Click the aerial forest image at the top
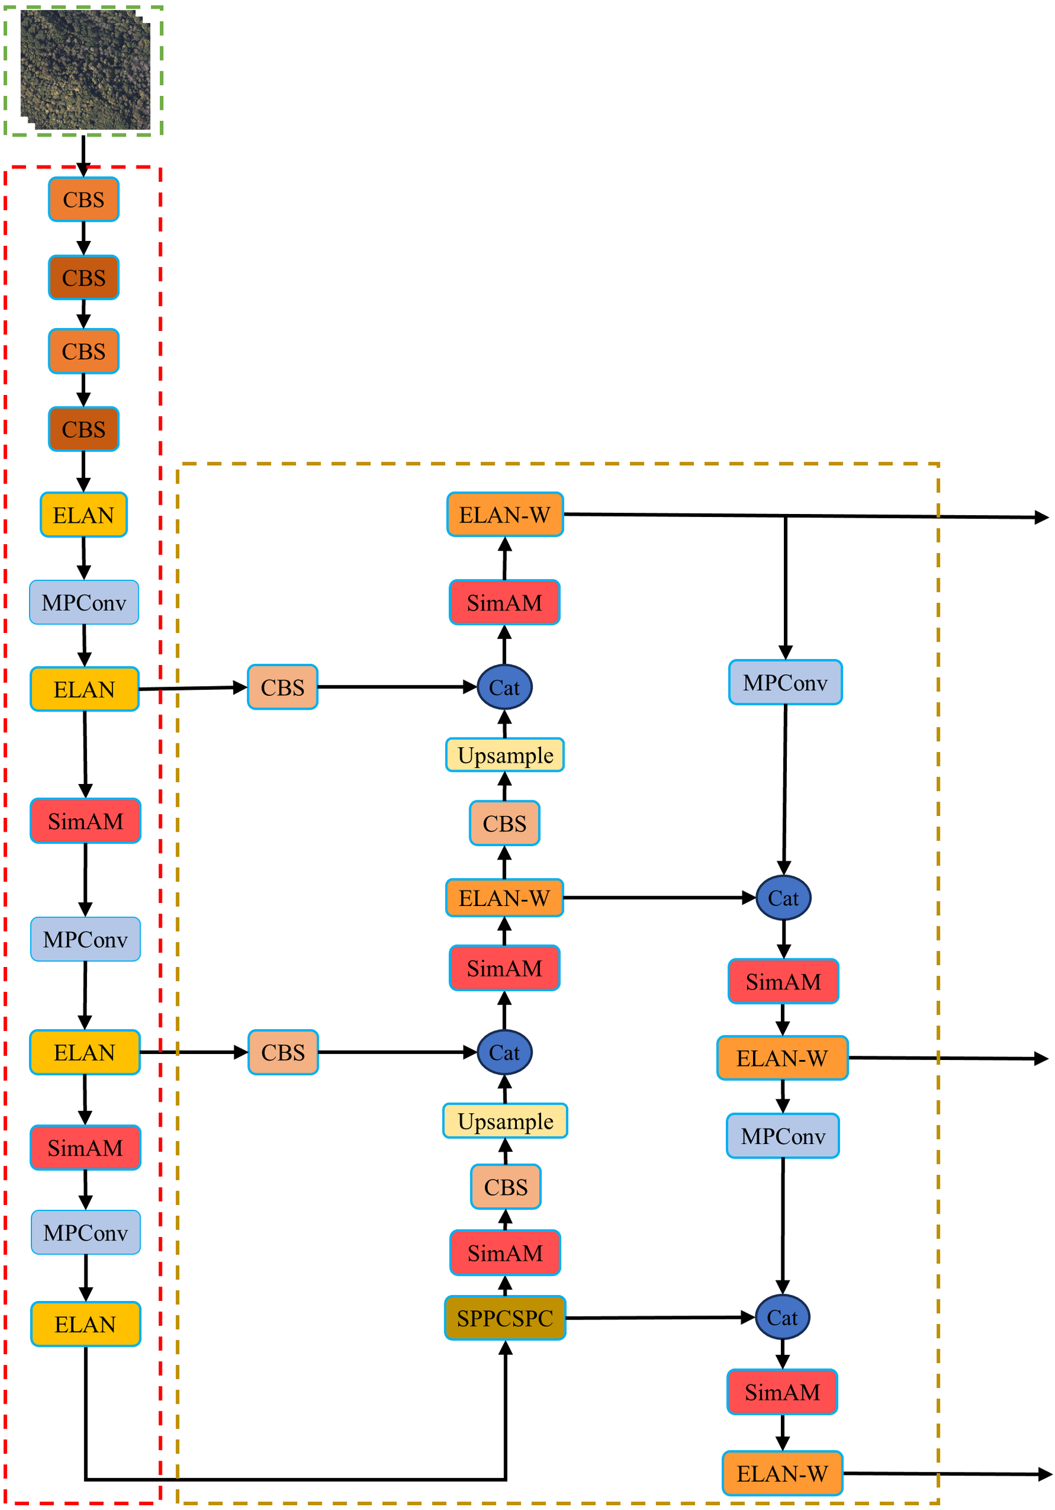[84, 69]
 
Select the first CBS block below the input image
[83, 199]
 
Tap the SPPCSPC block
[504, 1318]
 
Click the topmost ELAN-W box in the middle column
[504, 514]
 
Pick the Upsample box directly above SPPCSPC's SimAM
[504, 1120]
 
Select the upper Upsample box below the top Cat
[504, 755]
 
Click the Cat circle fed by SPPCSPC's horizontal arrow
[782, 1317]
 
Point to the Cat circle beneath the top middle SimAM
[504, 687]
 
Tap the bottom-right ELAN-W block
[782, 1473]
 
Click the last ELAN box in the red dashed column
[86, 1324]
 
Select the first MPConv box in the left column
[83, 602]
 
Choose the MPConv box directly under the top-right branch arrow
[784, 683]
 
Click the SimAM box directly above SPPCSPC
[504, 1253]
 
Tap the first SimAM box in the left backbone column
[86, 821]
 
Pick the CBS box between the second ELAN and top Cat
[282, 687]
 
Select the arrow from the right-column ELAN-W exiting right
[947, 1058]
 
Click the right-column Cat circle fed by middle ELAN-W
[783, 898]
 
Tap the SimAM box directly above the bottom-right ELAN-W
[782, 1392]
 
